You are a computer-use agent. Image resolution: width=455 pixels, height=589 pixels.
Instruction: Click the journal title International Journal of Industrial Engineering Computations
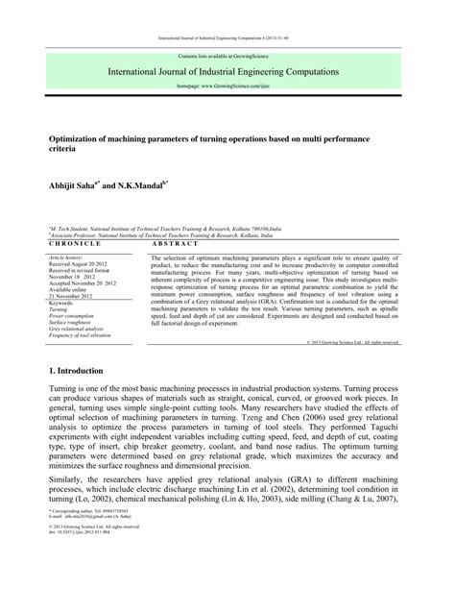click(x=227, y=71)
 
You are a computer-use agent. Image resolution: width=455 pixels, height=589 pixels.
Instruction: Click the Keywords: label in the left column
click(x=63, y=303)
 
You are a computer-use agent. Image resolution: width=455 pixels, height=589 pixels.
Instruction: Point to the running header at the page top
click(x=227, y=39)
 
